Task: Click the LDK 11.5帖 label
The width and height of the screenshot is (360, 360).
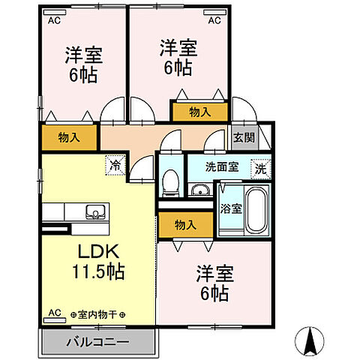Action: tap(97, 259)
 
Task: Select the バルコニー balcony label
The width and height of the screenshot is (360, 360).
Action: tap(100, 341)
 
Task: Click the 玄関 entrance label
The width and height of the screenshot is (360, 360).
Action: tap(244, 137)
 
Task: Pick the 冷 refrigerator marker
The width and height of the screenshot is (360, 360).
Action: tap(115, 163)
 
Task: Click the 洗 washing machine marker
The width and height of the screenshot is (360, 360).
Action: tap(261, 168)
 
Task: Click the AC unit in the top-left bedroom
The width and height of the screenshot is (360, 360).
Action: tap(54, 20)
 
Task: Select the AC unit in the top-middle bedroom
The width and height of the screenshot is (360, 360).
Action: tap(214, 20)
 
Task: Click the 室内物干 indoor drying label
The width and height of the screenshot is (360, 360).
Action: tap(97, 316)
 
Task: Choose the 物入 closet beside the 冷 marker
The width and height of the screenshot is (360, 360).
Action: tap(69, 137)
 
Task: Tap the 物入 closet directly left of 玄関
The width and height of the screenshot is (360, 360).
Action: tap(199, 112)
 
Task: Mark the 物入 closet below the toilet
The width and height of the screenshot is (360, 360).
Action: tap(184, 224)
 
